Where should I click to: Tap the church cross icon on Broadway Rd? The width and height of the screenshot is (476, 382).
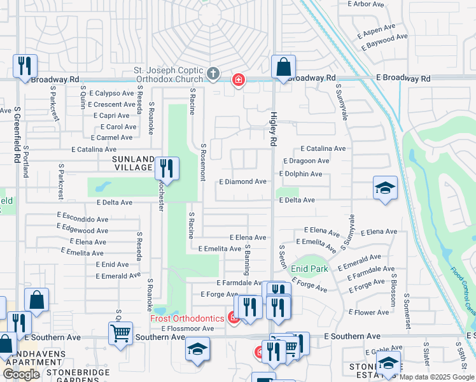tap(213, 74)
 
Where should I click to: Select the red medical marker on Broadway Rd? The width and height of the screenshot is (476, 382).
tap(239, 80)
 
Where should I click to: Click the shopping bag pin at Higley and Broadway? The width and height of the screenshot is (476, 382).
tap(283, 67)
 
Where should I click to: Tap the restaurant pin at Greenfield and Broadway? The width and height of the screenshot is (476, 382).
tap(25, 66)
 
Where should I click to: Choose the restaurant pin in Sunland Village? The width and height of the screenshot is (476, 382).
tap(167, 168)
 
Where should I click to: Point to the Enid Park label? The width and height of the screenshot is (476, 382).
tap(309, 269)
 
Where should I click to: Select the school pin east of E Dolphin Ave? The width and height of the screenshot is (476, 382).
tap(385, 188)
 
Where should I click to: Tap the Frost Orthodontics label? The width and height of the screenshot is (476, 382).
tap(187, 318)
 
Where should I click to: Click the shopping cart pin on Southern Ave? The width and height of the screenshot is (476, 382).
tap(120, 332)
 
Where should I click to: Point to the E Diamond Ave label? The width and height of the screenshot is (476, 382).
tap(242, 181)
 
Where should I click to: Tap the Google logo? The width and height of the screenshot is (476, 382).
tap(21, 374)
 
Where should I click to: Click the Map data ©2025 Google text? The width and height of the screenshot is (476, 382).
tap(437, 377)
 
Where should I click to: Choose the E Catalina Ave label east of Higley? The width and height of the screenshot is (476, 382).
tap(323, 148)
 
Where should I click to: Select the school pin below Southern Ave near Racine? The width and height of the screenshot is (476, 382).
tap(198, 349)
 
